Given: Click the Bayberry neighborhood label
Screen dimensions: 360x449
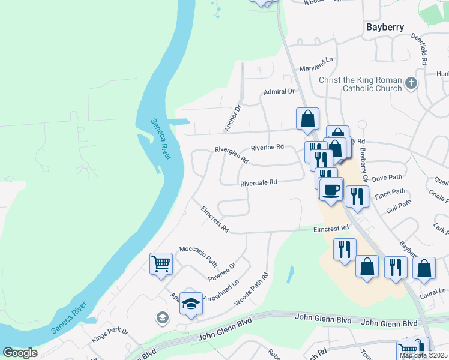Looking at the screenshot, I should tap(385, 27).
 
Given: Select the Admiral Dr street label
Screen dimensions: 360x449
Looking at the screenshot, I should tap(279, 92).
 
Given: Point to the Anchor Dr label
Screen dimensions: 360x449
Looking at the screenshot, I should tap(232, 118).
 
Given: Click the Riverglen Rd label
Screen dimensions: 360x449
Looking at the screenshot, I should tap(232, 155).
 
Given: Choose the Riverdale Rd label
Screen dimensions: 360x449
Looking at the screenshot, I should tap(258, 182).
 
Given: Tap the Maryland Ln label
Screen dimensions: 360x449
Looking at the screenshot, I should tap(316, 61).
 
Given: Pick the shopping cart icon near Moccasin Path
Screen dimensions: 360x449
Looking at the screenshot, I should tap(161, 262).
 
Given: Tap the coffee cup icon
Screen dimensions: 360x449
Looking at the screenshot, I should tap(330, 190).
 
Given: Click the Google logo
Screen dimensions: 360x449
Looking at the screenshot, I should tap(20, 353).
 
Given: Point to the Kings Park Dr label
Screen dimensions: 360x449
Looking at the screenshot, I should tap(110, 335).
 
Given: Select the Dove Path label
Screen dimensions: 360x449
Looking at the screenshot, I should tap(387, 178).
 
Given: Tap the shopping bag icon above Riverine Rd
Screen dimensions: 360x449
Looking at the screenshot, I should tap(307, 119).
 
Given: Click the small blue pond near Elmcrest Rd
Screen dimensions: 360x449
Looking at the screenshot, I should tap(291, 274).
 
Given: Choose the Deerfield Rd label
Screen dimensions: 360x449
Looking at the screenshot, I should tap(419, 49).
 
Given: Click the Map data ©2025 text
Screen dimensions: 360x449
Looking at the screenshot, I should tap(423, 355).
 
